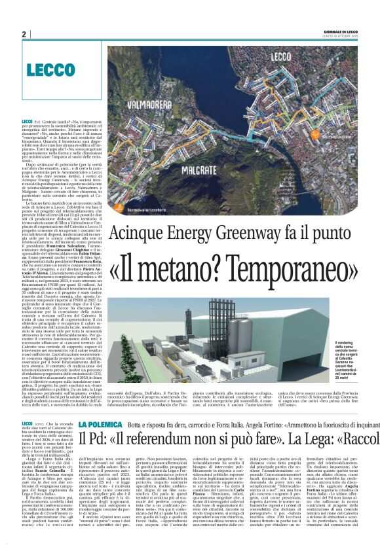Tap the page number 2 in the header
point(24,34)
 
